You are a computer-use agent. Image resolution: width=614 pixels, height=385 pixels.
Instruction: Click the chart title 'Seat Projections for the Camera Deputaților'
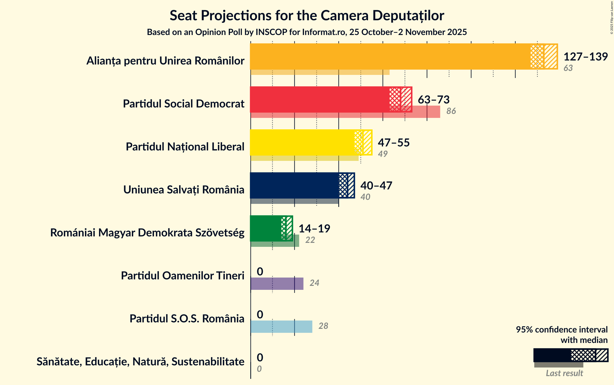[307, 15]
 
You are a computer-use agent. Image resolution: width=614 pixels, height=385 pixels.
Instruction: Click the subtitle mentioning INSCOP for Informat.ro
[307, 32]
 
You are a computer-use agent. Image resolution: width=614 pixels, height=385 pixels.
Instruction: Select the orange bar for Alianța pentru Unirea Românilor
[390, 56]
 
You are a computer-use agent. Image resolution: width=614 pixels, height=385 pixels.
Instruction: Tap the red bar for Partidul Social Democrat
[319, 99]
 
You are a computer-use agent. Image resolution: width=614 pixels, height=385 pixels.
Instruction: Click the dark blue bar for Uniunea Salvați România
[294, 185]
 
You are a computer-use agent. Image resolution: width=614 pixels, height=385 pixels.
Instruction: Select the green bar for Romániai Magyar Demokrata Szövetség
[266, 228]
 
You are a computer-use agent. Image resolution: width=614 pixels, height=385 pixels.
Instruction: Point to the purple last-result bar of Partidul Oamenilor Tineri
[277, 284]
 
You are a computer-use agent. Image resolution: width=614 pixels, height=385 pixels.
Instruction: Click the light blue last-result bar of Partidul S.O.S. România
[281, 327]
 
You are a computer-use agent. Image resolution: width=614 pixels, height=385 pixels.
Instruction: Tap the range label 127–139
[585, 56]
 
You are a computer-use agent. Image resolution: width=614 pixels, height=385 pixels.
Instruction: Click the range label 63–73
[434, 99]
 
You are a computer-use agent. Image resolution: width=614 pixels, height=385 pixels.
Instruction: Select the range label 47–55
[394, 142]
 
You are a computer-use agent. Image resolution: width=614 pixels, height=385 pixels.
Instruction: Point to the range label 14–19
[314, 228]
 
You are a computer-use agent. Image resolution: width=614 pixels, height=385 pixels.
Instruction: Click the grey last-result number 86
[451, 111]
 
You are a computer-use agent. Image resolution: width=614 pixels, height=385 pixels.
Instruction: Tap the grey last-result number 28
[323, 326]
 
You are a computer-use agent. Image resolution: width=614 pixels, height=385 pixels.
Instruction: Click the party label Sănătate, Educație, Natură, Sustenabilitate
[140, 362]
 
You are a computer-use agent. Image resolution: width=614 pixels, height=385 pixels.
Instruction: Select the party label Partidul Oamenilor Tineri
[182, 276]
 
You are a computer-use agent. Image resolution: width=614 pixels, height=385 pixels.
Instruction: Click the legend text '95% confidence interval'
[562, 330]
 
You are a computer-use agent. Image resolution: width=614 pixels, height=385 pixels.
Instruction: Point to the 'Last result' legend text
[564, 373]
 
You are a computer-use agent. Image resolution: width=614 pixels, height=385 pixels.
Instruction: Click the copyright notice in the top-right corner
[612, 17]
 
